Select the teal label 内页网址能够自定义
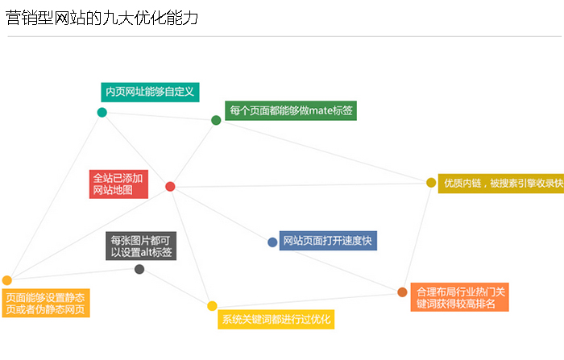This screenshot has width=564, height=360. pyautogui.click(x=150, y=92)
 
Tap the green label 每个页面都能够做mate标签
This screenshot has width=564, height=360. pyautogui.click(x=291, y=110)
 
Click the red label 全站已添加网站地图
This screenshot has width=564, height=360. pyautogui.click(x=118, y=184)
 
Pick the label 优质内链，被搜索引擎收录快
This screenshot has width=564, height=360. pyautogui.click(x=500, y=184)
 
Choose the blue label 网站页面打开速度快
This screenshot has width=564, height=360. pyautogui.click(x=327, y=240)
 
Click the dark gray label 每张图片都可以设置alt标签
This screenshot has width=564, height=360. pyautogui.click(x=140, y=246)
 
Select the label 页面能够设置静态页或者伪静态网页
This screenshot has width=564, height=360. pyautogui.click(x=45, y=303)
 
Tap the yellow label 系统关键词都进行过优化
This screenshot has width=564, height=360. pyautogui.click(x=276, y=320)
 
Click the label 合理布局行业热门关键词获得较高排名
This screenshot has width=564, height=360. pyautogui.click(x=460, y=297)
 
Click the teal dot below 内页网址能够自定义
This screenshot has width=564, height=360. pyautogui.click(x=102, y=112)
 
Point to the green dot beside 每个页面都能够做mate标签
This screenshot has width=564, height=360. pyautogui.click(x=216, y=120)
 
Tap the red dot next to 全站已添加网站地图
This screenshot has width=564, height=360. pyautogui.click(x=170, y=186)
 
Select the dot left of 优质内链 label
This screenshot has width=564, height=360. pyautogui.click(x=431, y=183)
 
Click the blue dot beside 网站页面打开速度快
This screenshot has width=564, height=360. pyautogui.click(x=272, y=242)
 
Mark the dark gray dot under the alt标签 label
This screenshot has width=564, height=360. pyautogui.click(x=139, y=269)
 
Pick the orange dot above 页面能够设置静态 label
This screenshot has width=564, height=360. pyautogui.click(x=7, y=280)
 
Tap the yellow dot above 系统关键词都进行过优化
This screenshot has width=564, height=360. pyautogui.click(x=212, y=305)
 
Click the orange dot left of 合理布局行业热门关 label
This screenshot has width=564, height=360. pyautogui.click(x=402, y=292)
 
